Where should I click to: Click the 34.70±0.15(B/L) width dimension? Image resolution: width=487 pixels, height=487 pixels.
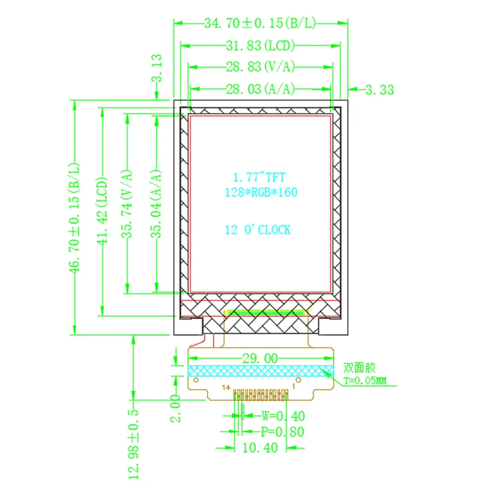point(260,24)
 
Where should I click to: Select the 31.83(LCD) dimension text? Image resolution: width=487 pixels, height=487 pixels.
point(261,46)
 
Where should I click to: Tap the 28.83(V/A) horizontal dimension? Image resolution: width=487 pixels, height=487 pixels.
point(261,66)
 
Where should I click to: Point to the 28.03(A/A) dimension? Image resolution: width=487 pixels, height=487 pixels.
point(261,89)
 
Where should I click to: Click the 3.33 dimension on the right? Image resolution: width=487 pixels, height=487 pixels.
point(379,90)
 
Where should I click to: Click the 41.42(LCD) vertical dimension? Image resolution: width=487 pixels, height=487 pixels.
point(102,211)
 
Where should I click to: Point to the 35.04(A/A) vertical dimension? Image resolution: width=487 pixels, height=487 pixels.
point(157,203)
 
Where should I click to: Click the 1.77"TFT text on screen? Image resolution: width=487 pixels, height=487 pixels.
point(259,177)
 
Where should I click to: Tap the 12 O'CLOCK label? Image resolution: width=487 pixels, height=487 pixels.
point(258,229)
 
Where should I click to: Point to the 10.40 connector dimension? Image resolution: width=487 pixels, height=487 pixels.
point(260,447)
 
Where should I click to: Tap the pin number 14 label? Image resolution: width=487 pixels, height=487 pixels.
point(226,388)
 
